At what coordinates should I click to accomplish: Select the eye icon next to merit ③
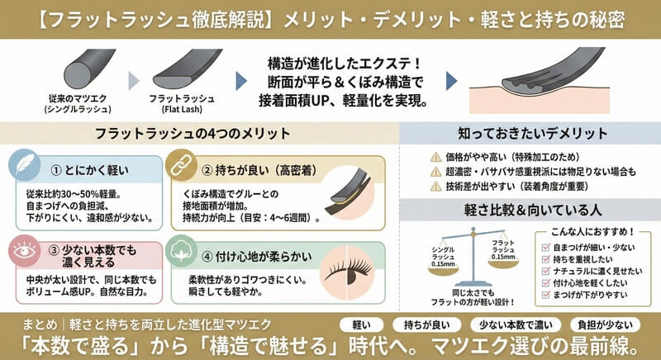pyautogui.click(x=24, y=251)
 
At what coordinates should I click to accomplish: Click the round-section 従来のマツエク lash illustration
pyautogui.click(x=89, y=69)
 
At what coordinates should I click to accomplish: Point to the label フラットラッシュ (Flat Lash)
pyautogui.click(x=182, y=104)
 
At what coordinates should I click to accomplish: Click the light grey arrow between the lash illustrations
pyautogui.click(x=134, y=81)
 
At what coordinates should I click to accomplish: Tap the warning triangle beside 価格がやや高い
pyautogui.click(x=435, y=158)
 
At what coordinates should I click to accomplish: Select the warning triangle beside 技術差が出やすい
pyautogui.click(x=435, y=186)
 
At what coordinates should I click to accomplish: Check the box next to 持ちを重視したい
pyautogui.click(x=545, y=259)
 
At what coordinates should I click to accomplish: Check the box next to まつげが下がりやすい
pyautogui.click(x=545, y=295)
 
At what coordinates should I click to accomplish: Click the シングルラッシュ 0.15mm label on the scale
pyautogui.click(x=443, y=257)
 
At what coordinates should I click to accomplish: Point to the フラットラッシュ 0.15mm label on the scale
pyautogui.click(x=503, y=249)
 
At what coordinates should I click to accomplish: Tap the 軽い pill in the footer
pyautogui.click(x=361, y=324)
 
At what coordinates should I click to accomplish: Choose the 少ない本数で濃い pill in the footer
pyautogui.click(x=516, y=324)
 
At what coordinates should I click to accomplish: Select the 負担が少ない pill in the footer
pyautogui.click(x=605, y=324)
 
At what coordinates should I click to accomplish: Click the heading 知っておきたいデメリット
pyautogui.click(x=532, y=134)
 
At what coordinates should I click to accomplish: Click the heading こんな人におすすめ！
pyautogui.click(x=592, y=231)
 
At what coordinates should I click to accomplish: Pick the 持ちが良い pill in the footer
pyautogui.click(x=426, y=324)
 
